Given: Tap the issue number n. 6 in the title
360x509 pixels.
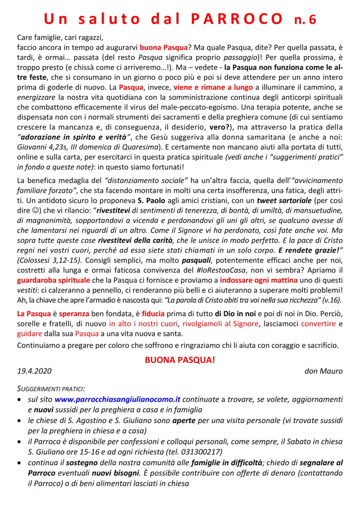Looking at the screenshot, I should (304, 19).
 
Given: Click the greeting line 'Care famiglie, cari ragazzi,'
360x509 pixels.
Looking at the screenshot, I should (62, 37).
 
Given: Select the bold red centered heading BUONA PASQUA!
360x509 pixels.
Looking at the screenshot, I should (180, 359).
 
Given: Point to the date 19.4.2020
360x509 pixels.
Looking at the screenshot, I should (34, 371).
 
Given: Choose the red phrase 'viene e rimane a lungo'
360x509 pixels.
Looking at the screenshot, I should (213, 86).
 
